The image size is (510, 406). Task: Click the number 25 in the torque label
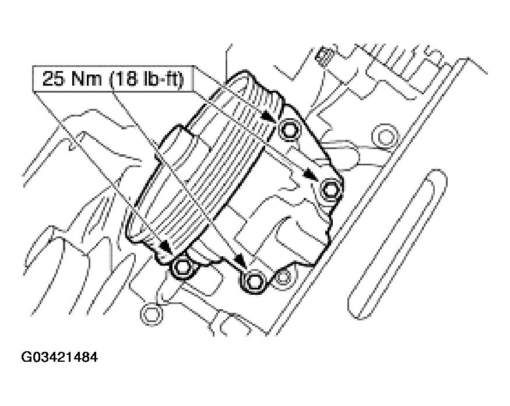click(x=52, y=79)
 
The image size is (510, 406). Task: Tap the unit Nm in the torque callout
click(x=87, y=79)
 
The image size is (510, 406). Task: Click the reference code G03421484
click(x=59, y=357)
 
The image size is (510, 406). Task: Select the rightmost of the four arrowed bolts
click(x=330, y=189)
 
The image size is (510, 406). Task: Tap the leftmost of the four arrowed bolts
click(x=182, y=267)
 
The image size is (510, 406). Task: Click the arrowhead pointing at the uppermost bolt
click(x=269, y=116)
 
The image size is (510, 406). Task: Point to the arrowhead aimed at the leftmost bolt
click(x=167, y=248)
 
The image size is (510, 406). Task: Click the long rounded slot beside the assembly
click(x=398, y=244)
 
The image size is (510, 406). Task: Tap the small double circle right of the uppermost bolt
click(x=385, y=137)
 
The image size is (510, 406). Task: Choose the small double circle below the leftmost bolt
click(x=150, y=315)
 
